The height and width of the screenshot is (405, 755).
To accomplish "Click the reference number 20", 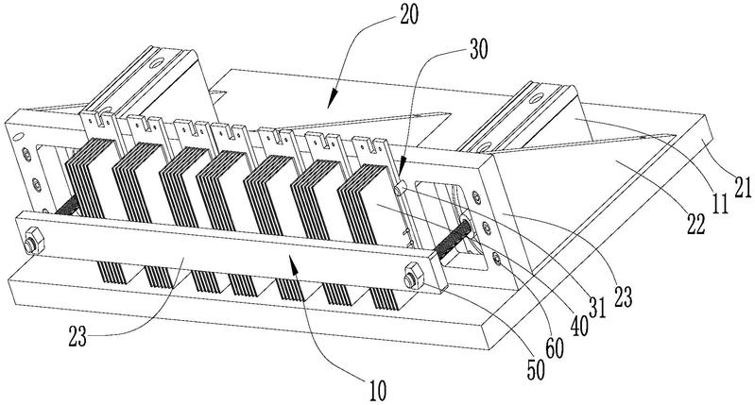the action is point(408,14).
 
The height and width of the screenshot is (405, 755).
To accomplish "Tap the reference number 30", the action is point(478,49).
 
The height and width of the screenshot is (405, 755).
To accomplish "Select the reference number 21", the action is point(742,187).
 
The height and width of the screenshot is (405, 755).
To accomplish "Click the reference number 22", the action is point(695,224).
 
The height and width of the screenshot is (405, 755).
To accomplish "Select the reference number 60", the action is point(555,348).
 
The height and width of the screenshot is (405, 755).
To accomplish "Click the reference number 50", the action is point(536,370).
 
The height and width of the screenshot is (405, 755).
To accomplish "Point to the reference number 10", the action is point(377,391).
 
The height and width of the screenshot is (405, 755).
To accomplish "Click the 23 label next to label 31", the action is point(622,296).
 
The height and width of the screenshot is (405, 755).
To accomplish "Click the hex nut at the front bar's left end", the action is point(32,240).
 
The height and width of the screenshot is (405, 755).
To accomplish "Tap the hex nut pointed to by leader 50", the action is point(415,276).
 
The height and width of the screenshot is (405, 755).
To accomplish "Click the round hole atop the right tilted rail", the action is point(535,98).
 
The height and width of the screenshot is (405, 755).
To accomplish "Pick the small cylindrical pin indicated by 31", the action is point(401,188).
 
